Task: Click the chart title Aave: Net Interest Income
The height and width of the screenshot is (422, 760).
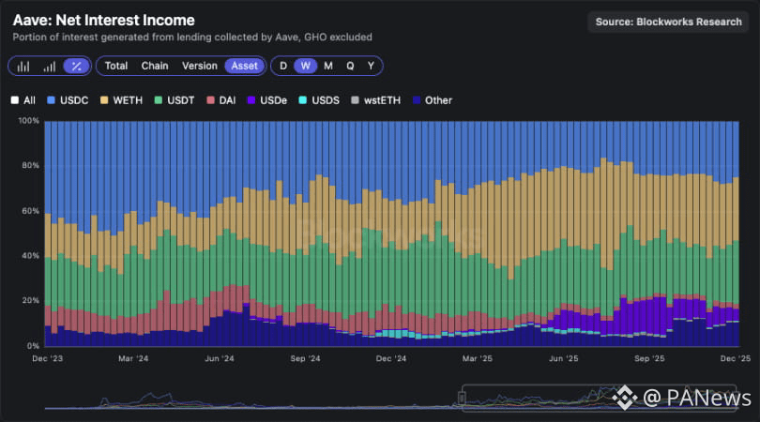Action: click(x=104, y=20)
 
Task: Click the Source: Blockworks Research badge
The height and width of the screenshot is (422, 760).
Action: click(x=668, y=22)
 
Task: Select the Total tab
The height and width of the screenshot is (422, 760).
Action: click(x=116, y=66)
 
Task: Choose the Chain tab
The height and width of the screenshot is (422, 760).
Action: click(x=155, y=66)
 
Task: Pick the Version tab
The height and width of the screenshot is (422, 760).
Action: click(x=199, y=66)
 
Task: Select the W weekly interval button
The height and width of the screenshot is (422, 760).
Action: click(x=306, y=66)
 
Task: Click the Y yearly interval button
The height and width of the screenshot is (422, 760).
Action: click(x=371, y=66)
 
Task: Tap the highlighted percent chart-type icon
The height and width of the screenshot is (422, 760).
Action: click(x=76, y=66)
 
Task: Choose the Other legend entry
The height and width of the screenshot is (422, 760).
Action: click(x=432, y=99)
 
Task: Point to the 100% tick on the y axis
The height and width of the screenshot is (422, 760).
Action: click(x=28, y=121)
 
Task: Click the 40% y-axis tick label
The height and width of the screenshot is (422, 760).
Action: click(x=30, y=256)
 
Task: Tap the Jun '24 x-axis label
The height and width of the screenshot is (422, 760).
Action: click(x=218, y=358)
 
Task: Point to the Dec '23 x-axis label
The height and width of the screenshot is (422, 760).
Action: click(x=47, y=358)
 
